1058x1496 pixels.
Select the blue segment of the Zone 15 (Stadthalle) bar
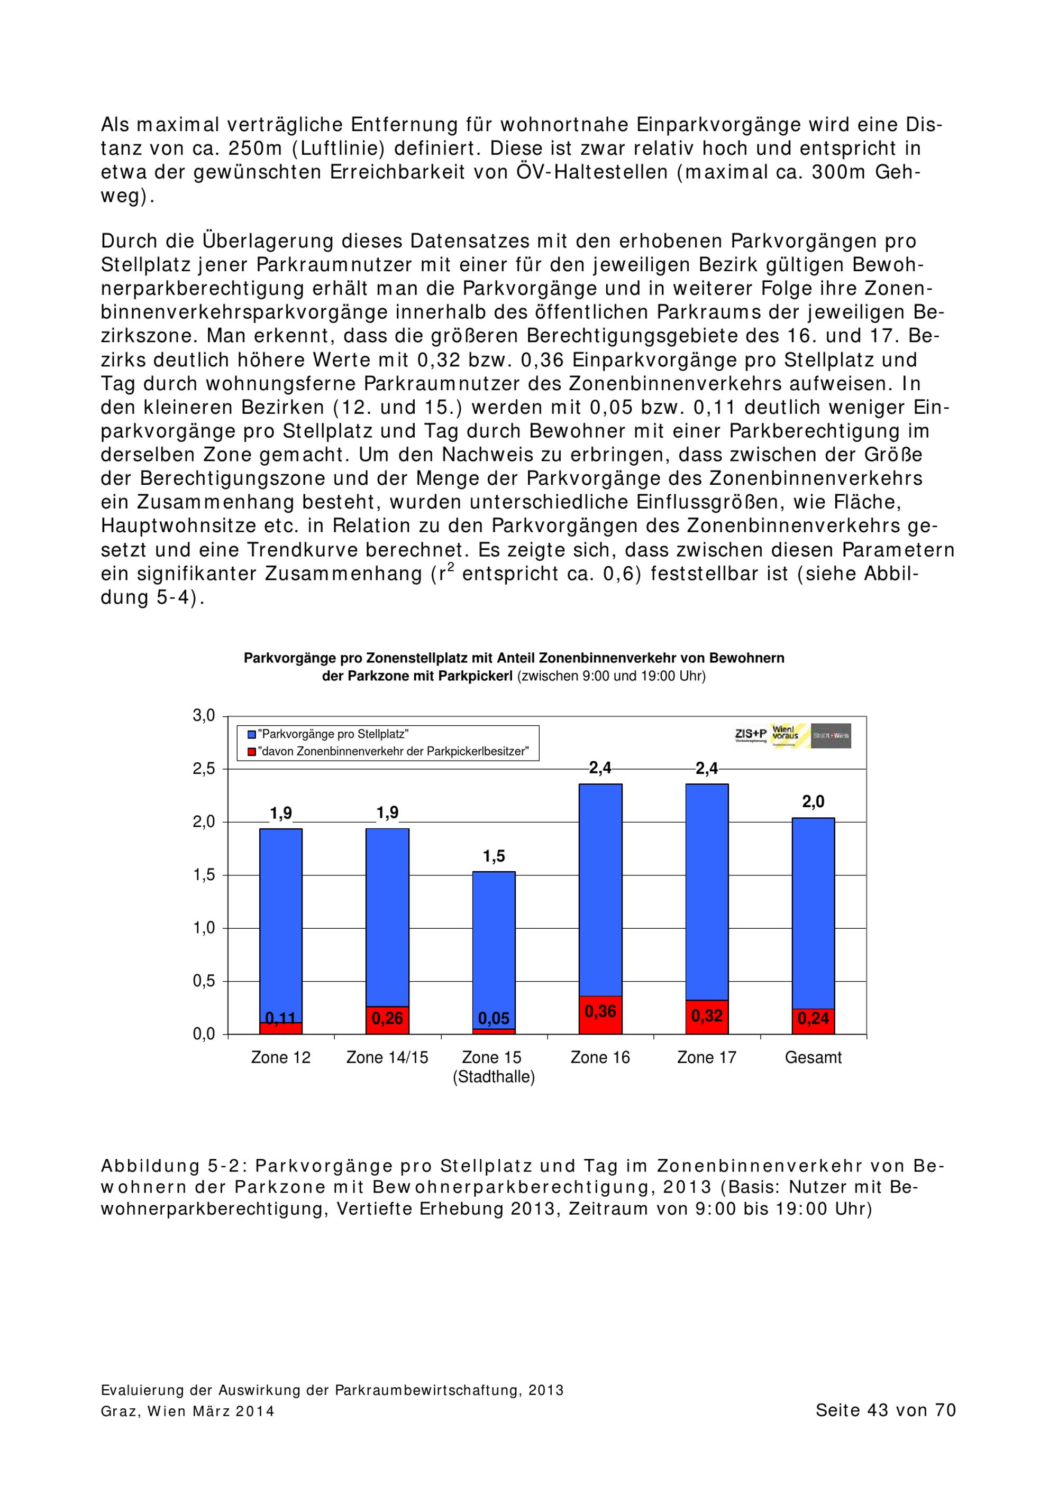(494, 945)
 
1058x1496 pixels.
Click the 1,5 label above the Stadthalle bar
(494, 856)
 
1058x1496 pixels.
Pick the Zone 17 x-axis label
(706, 1057)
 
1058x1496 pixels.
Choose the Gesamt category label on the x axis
(813, 1057)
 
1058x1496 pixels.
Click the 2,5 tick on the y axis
(203, 769)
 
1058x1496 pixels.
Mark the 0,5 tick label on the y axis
(203, 981)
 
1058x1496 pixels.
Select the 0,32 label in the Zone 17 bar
(706, 1016)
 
